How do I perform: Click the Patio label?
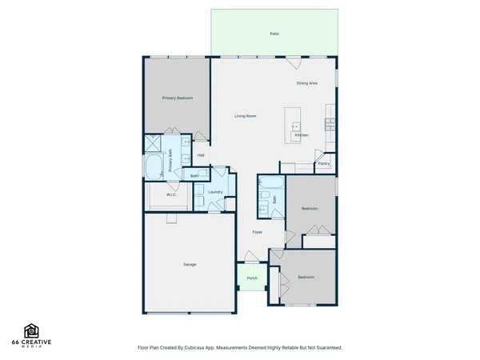274,34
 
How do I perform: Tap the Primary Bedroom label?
176,98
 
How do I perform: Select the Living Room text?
245,116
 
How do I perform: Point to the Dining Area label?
307,82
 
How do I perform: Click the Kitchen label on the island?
301,135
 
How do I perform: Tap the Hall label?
202,155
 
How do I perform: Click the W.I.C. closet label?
171,194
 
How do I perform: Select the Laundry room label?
214,192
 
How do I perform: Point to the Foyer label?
258,232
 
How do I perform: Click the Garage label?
190,264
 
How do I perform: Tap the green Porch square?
252,278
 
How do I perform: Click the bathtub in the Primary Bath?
154,166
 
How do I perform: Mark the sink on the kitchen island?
296,126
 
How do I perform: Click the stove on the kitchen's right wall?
329,124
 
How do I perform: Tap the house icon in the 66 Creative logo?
32,330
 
